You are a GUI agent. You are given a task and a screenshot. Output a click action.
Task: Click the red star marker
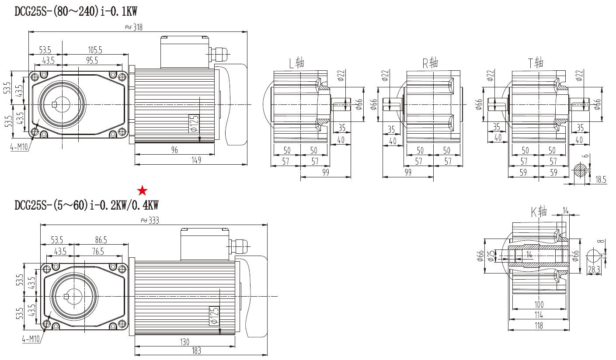143,190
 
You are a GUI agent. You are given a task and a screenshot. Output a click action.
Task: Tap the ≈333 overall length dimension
150,221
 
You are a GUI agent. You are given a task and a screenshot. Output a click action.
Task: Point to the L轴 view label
296,63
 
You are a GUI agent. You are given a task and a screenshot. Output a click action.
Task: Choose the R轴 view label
430,63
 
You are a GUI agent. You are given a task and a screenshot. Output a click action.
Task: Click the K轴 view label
539,212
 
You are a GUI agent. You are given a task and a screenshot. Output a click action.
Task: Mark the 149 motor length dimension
196,160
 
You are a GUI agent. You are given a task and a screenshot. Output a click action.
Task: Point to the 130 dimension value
184,342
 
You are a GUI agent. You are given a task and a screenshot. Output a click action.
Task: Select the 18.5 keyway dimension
601,179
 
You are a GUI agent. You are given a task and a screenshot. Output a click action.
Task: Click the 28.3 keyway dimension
594,270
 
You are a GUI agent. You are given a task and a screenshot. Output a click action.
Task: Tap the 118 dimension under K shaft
539,325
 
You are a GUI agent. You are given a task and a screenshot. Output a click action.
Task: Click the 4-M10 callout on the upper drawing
19,147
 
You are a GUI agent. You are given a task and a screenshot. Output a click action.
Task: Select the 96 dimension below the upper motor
174,150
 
